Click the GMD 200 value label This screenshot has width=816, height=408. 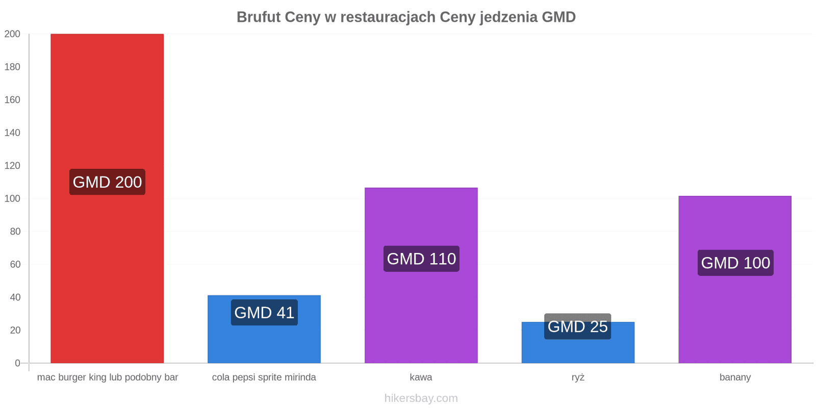pyautogui.click(x=107, y=182)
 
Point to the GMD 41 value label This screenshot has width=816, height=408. pyautogui.click(x=264, y=312)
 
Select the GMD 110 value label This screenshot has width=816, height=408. pyautogui.click(x=421, y=259)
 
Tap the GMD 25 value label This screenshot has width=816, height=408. pyautogui.click(x=577, y=326)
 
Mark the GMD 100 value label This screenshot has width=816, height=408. pyautogui.click(x=735, y=263)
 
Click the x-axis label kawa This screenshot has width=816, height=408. pyautogui.click(x=421, y=377)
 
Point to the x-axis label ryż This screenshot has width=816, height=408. pyautogui.click(x=578, y=377)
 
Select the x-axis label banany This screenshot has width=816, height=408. pyautogui.click(x=735, y=377)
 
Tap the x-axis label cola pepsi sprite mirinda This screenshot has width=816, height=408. pyautogui.click(x=264, y=377)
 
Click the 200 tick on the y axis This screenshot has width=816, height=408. pyautogui.click(x=12, y=34)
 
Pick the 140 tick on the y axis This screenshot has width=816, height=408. pyautogui.click(x=12, y=133)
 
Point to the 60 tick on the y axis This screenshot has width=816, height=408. pyautogui.click(x=15, y=264)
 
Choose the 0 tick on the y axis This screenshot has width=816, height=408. pyautogui.click(x=17, y=363)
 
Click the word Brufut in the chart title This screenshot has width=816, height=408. pyautogui.click(x=259, y=17)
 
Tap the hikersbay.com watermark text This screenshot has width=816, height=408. pyautogui.click(x=421, y=398)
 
